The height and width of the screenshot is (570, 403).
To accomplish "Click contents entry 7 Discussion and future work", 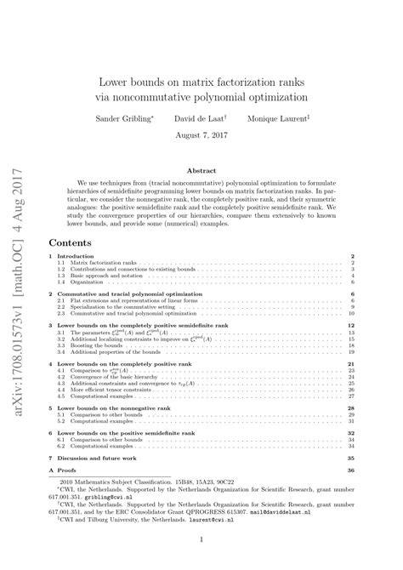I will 100,458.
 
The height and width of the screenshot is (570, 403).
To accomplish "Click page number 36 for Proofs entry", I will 350,470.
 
